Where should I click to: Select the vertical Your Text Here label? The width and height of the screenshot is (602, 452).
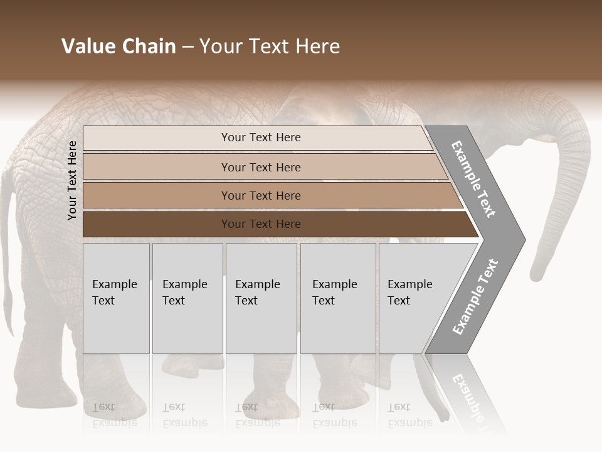click(x=72, y=180)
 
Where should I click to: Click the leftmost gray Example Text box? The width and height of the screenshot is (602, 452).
click(x=116, y=298)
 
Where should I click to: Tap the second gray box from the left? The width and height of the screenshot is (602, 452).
click(x=187, y=298)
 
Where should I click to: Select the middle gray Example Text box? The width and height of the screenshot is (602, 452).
click(x=261, y=298)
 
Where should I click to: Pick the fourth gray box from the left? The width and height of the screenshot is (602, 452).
click(x=337, y=298)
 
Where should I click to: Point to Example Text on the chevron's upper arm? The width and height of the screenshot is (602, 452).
click(x=473, y=178)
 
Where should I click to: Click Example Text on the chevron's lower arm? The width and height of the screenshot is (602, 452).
click(x=475, y=296)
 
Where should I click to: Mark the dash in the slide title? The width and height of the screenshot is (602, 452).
click(x=187, y=47)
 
